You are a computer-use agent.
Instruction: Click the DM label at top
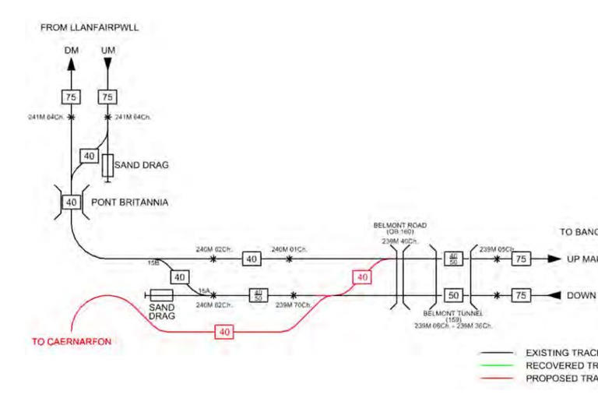[71, 51]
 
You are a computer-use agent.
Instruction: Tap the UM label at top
[108, 51]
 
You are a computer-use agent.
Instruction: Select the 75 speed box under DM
[71, 97]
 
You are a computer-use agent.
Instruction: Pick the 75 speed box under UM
[107, 97]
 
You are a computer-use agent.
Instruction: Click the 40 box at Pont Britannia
[71, 203]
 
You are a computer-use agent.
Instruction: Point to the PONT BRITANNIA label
[130, 203]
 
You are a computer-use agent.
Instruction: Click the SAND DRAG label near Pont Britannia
[142, 165]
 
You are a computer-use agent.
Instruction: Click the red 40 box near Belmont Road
[361, 277]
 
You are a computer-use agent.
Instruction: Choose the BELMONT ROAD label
[400, 228]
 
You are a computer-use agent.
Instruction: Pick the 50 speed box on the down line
[454, 295]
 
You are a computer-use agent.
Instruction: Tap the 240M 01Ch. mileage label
[289, 249]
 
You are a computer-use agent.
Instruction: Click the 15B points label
[153, 262]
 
